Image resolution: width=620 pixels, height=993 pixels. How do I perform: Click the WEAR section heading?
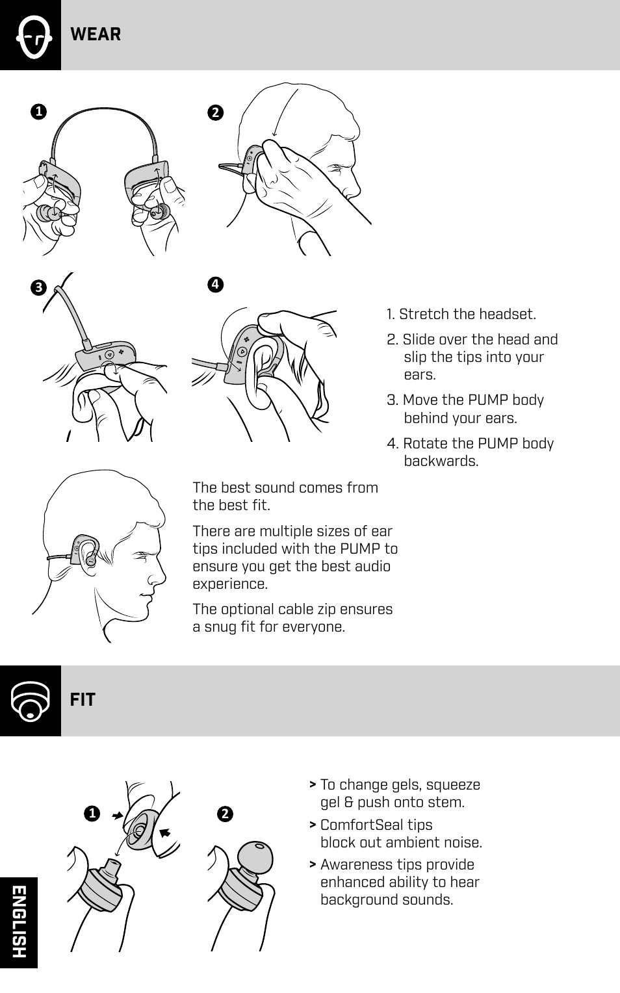point(96,34)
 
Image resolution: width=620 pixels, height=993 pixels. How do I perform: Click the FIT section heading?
point(83,700)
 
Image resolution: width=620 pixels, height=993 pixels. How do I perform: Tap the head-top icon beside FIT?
point(31,701)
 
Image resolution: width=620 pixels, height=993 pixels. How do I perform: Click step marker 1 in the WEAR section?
point(39,112)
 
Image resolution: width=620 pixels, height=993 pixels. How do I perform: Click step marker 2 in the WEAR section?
point(215,112)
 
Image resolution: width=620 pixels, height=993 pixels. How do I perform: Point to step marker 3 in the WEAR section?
point(38,288)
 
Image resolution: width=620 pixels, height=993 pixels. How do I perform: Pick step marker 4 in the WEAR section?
point(215,285)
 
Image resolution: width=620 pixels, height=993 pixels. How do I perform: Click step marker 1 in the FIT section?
point(92,814)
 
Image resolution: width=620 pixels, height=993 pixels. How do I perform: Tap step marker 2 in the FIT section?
point(225,814)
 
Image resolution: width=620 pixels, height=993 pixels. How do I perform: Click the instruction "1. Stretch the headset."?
point(461,315)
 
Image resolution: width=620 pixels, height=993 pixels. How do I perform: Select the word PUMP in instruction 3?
point(487,400)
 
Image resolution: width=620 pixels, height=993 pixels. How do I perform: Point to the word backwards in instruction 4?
point(441,461)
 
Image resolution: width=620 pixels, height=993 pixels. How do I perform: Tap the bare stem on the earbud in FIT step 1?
point(112,865)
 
